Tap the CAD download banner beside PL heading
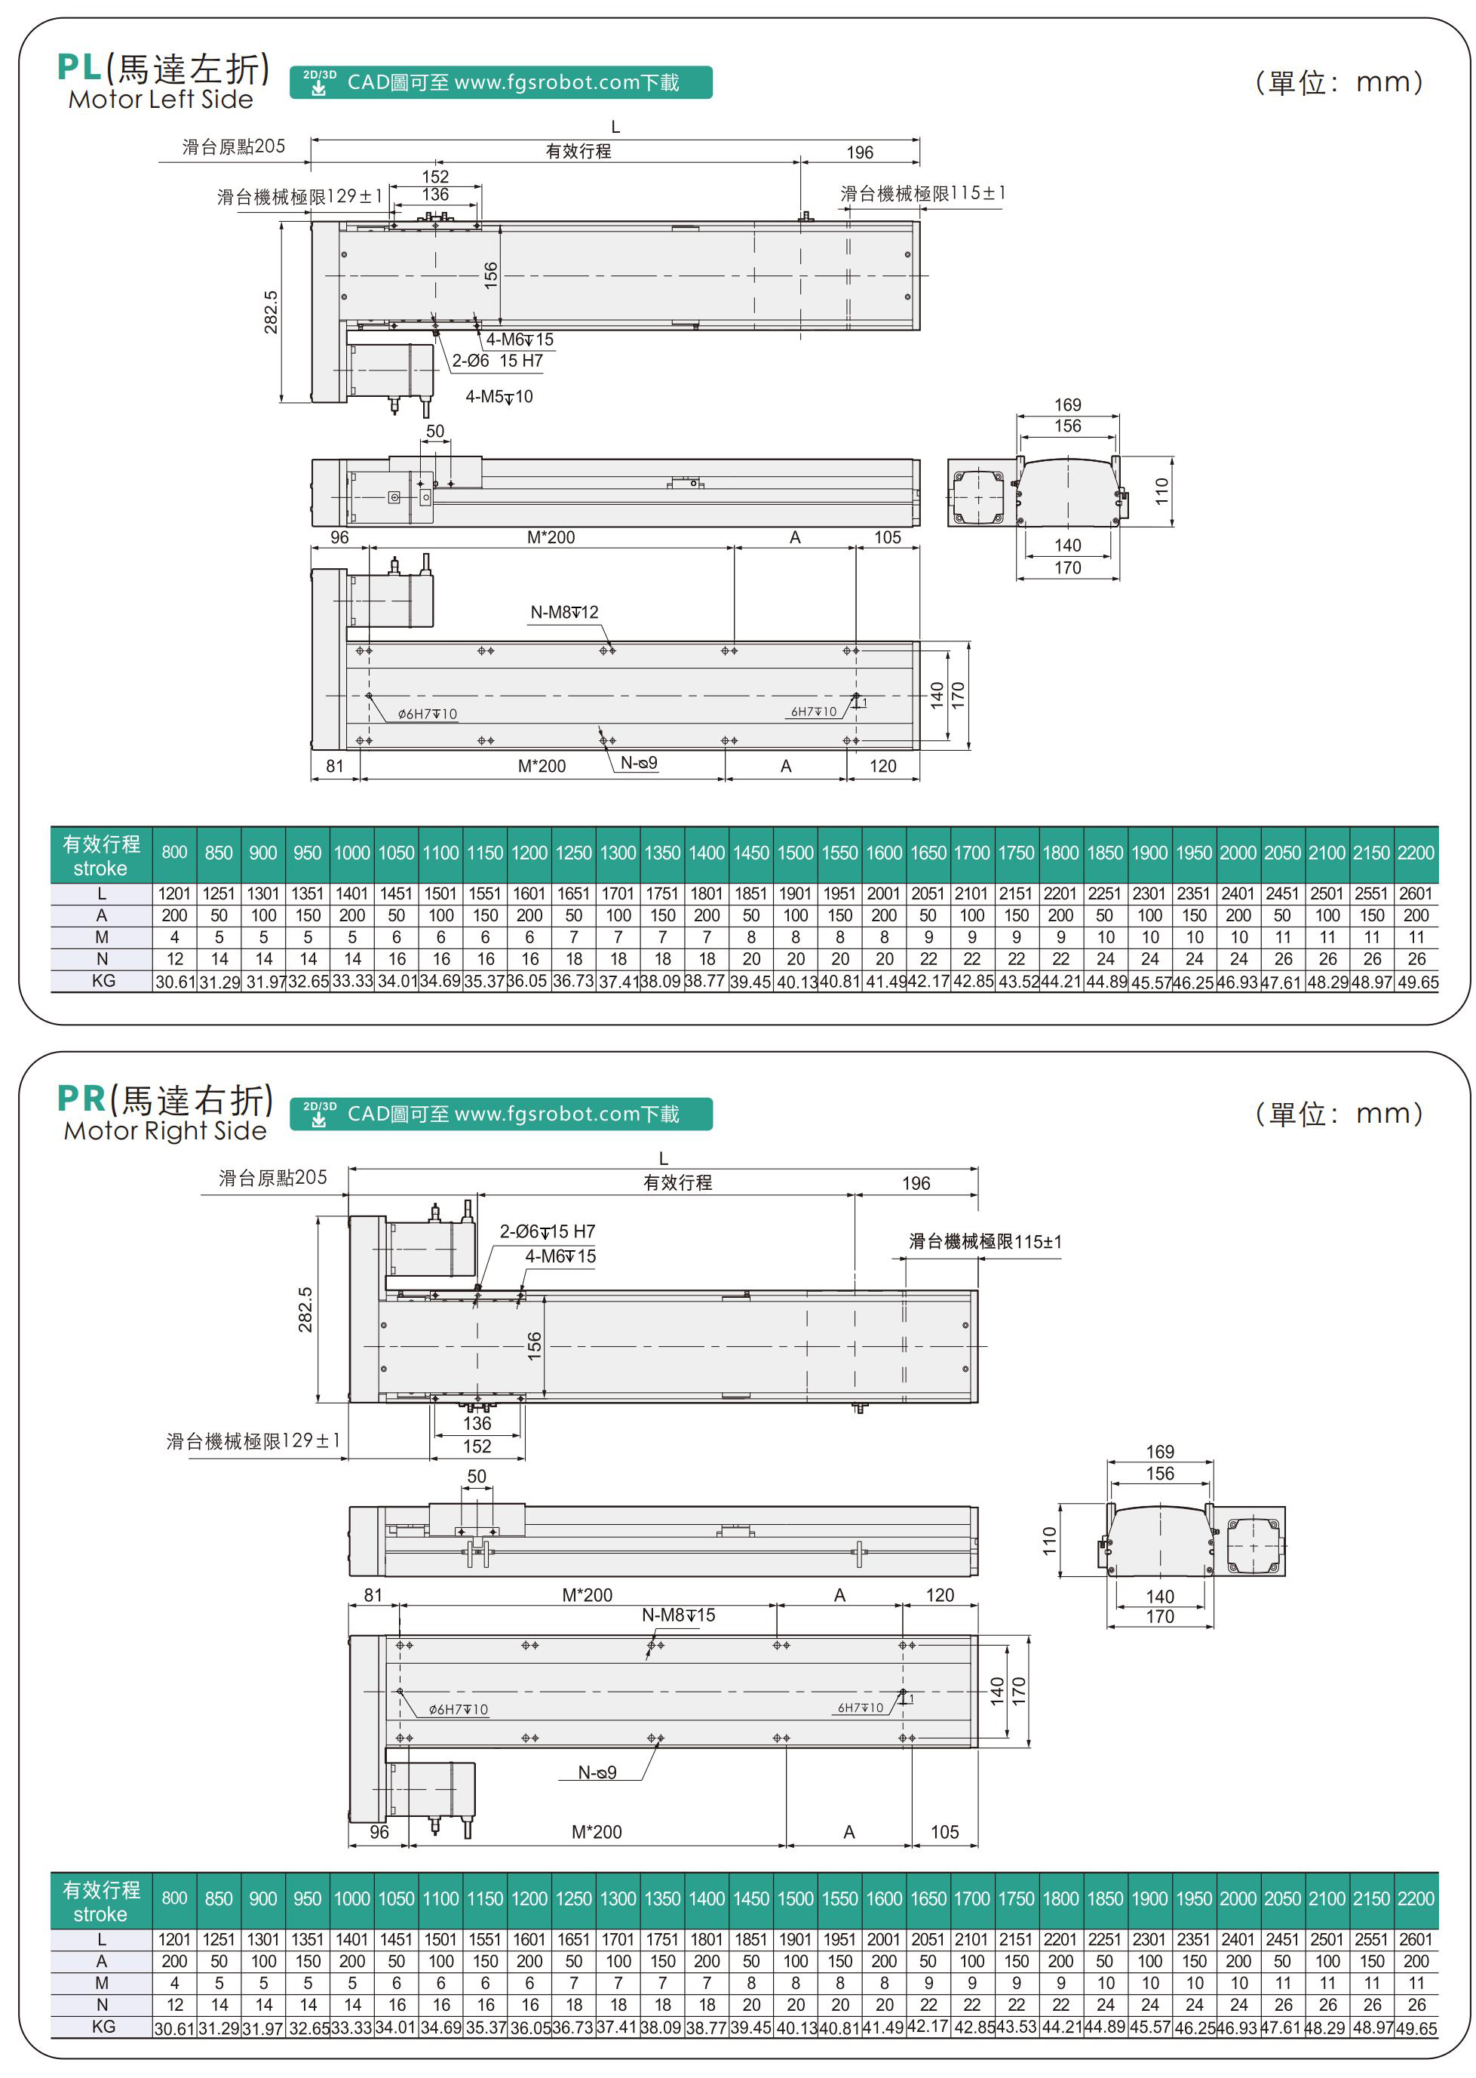coord(501,83)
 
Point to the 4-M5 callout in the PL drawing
coord(499,396)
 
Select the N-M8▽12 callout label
coord(564,612)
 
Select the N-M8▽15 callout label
coord(678,1615)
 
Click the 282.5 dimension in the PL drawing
coord(271,312)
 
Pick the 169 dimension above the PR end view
coord(1160,1451)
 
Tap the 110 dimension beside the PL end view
coord(1161,491)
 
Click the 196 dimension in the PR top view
coord(916,1182)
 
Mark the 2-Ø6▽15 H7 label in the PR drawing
coord(547,1231)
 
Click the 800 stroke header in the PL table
coord(174,853)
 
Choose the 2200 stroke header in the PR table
coord(1416,1898)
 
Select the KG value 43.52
coord(1016,982)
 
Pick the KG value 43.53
coord(1016,2027)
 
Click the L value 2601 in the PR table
coord(1416,1939)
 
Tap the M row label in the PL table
coord(102,937)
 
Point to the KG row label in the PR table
coord(103,2026)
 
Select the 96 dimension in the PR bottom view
coord(379,1832)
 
